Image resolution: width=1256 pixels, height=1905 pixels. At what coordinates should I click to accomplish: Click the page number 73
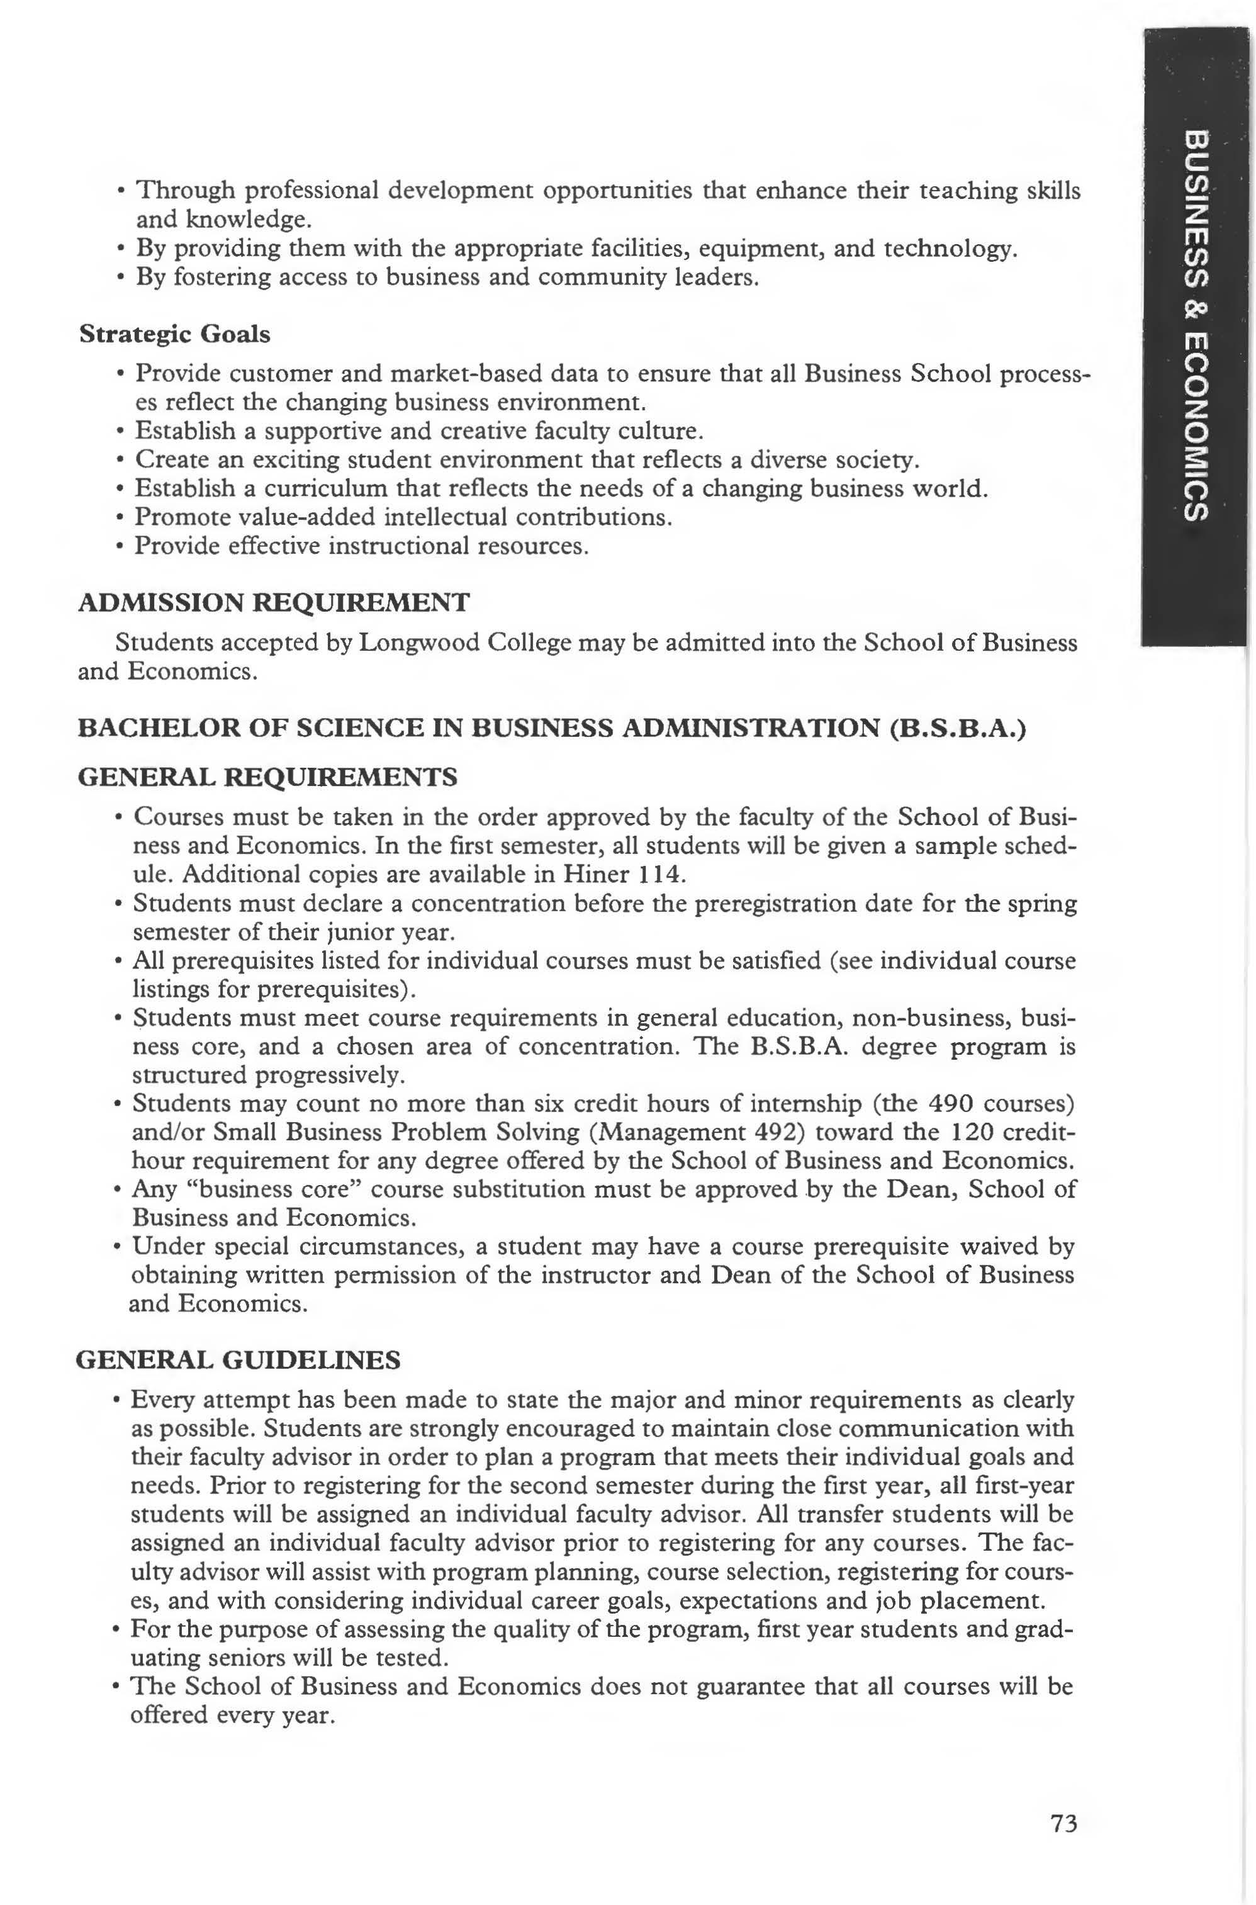[1063, 1802]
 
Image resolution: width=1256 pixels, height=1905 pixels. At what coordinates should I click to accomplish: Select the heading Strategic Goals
[175, 334]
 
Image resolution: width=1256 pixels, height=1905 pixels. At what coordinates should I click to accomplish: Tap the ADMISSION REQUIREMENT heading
[274, 602]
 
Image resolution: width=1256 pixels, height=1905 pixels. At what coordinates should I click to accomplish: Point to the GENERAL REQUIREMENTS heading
[267, 776]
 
